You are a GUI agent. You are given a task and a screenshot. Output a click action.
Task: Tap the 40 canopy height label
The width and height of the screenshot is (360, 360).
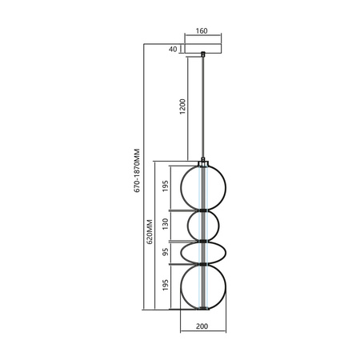(x=173, y=49)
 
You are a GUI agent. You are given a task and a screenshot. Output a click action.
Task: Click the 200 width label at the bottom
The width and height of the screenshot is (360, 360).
(x=202, y=327)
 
